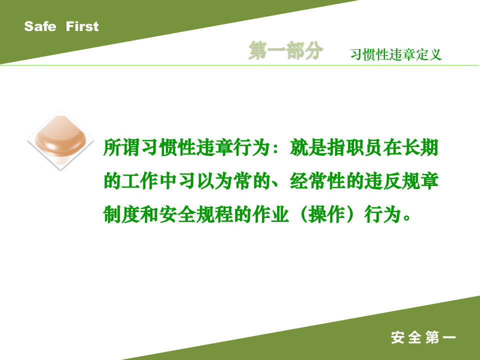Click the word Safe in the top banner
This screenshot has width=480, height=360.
pyautogui.click(x=40, y=26)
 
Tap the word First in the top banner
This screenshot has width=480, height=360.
pyautogui.click(x=82, y=26)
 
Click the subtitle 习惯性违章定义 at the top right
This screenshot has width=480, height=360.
pyautogui.click(x=396, y=54)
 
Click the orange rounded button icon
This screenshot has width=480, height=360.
pyautogui.click(x=60, y=139)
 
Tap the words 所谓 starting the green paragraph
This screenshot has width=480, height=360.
pyautogui.click(x=122, y=148)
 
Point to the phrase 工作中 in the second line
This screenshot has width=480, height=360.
pyautogui.click(x=150, y=181)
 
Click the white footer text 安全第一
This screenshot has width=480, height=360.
pyautogui.click(x=423, y=338)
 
